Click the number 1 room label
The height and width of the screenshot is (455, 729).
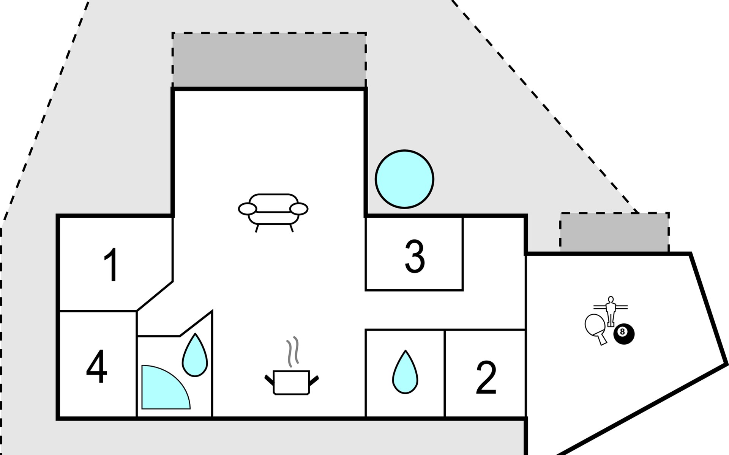click(x=111, y=265)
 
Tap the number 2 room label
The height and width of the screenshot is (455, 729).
click(x=486, y=377)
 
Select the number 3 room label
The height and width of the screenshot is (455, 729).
click(x=415, y=256)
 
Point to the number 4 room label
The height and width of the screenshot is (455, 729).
click(x=96, y=367)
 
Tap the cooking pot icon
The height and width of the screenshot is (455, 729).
click(x=291, y=382)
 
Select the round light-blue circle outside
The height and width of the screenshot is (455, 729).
click(x=404, y=179)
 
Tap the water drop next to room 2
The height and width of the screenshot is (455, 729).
click(x=405, y=374)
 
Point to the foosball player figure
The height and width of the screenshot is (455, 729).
click(x=611, y=311)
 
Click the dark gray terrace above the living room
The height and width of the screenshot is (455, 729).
click(x=269, y=60)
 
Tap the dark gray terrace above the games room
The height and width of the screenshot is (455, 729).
click(x=614, y=232)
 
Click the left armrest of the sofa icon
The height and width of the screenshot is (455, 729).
click(x=248, y=209)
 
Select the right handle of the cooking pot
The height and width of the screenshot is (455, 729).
click(x=314, y=380)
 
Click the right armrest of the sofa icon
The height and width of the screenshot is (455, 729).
click(x=299, y=209)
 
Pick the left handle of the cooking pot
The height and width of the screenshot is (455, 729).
click(x=269, y=380)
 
